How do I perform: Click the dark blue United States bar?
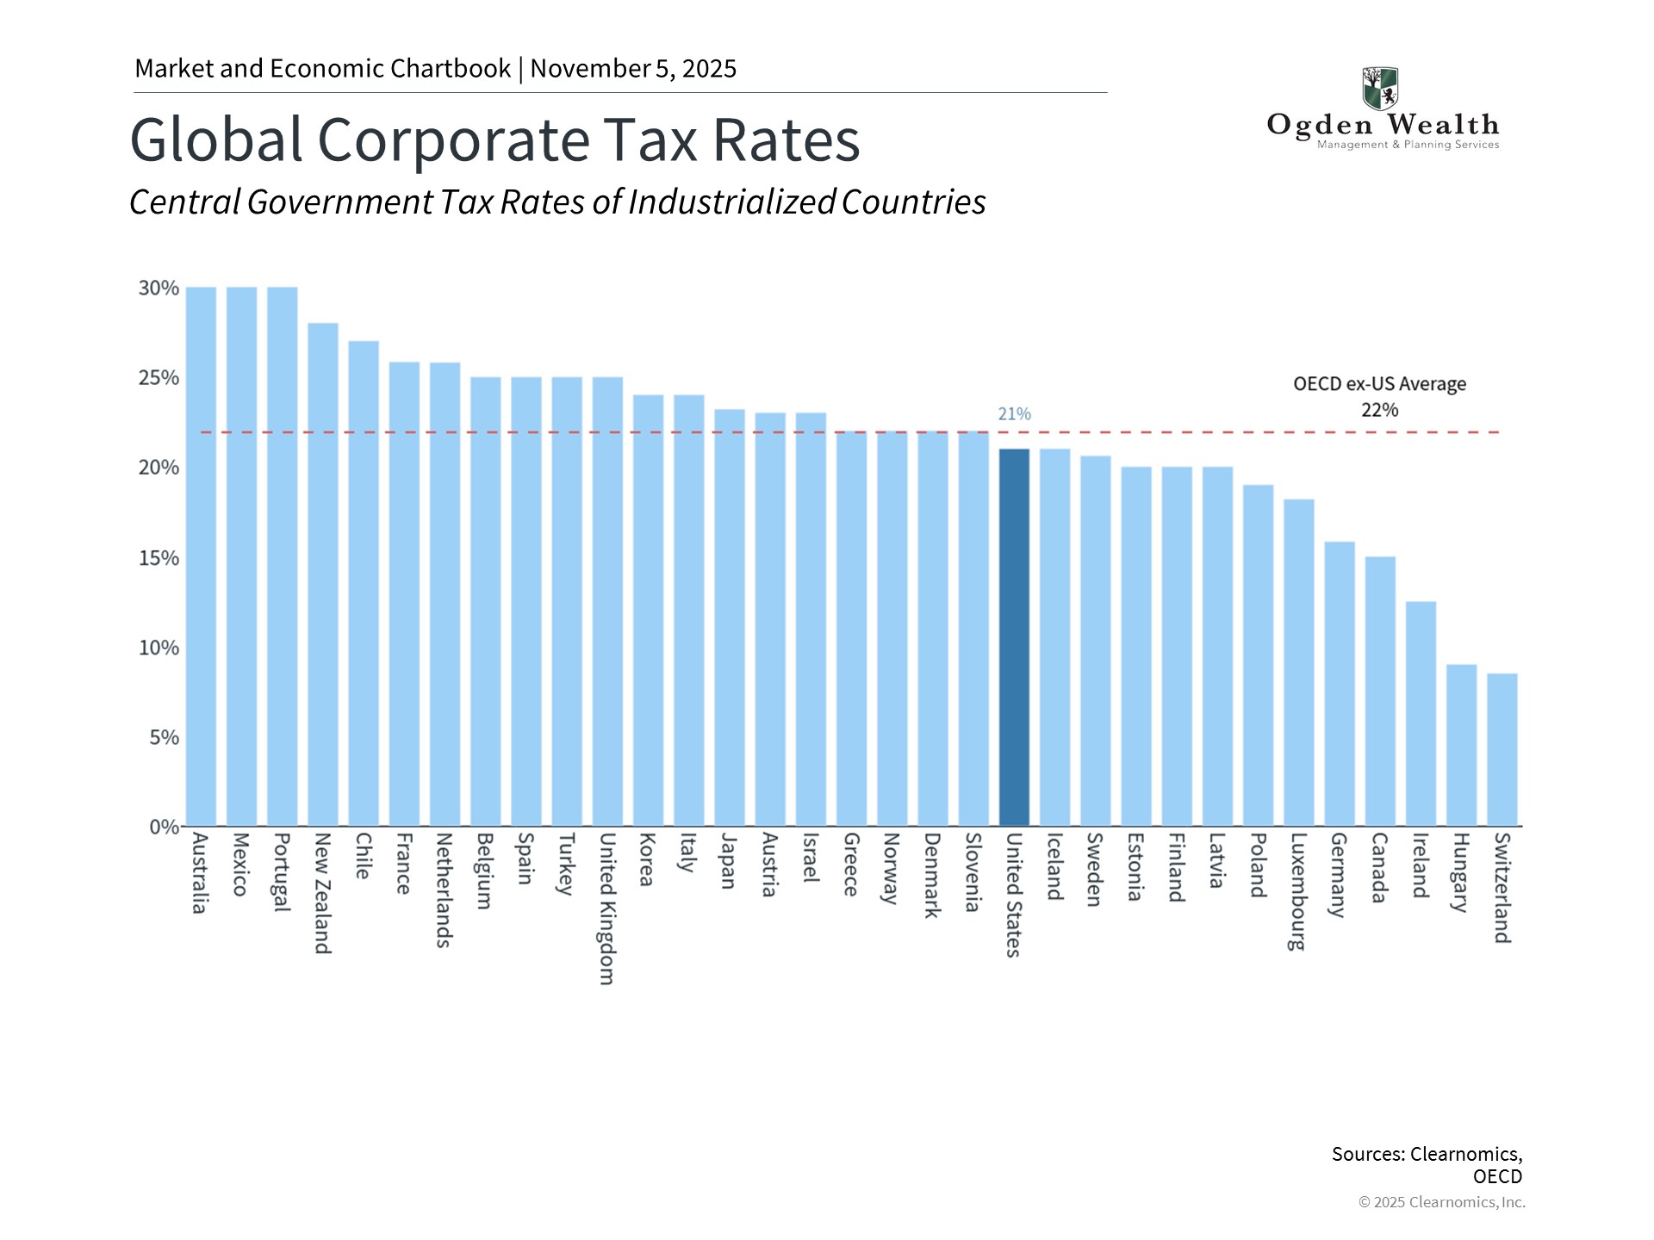click(x=1014, y=637)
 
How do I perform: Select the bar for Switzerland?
click(x=1502, y=749)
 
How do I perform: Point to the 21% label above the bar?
click(x=1014, y=414)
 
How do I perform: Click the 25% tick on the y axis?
click(x=159, y=378)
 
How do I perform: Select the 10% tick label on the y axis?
click(x=159, y=648)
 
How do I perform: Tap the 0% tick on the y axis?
click(x=164, y=828)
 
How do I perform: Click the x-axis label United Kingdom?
click(x=606, y=908)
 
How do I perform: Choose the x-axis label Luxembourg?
click(x=1297, y=891)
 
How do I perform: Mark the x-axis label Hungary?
click(x=1459, y=872)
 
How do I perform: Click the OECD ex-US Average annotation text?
click(x=1379, y=384)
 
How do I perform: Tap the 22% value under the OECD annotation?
click(x=1379, y=411)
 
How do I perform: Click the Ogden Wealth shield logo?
click(x=1380, y=89)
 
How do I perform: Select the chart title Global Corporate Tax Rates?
click(x=494, y=139)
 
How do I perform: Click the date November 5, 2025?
click(x=633, y=69)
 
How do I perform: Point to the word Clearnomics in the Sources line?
click(x=1465, y=1154)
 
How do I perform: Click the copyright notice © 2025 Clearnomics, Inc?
click(x=1441, y=1202)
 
